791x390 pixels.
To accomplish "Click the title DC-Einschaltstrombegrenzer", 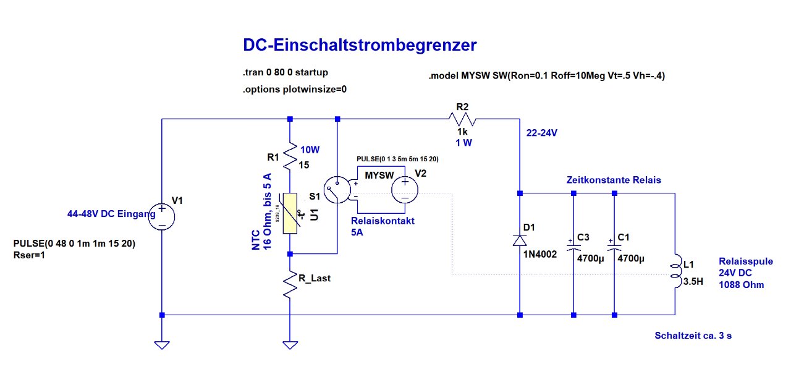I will click(x=360, y=45).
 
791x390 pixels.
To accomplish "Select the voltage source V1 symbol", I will click(x=161, y=216).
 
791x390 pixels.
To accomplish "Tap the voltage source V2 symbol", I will click(x=405, y=189).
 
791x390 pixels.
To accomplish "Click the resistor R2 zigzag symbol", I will click(x=463, y=119).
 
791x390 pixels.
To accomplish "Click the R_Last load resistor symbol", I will click(x=289, y=286).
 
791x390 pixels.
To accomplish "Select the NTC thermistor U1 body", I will click(x=290, y=213).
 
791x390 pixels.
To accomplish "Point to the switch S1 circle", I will click(x=337, y=190).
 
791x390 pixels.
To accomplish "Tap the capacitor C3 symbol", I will click(x=573, y=247).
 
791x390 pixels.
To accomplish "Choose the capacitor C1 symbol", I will click(x=614, y=247).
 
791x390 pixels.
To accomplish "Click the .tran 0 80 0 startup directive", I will click(x=285, y=73).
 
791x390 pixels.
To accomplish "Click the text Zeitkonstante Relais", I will click(x=614, y=180).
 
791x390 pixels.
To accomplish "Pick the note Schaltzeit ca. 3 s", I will click(x=693, y=336).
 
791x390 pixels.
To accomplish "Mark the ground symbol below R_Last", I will click(x=289, y=345).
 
